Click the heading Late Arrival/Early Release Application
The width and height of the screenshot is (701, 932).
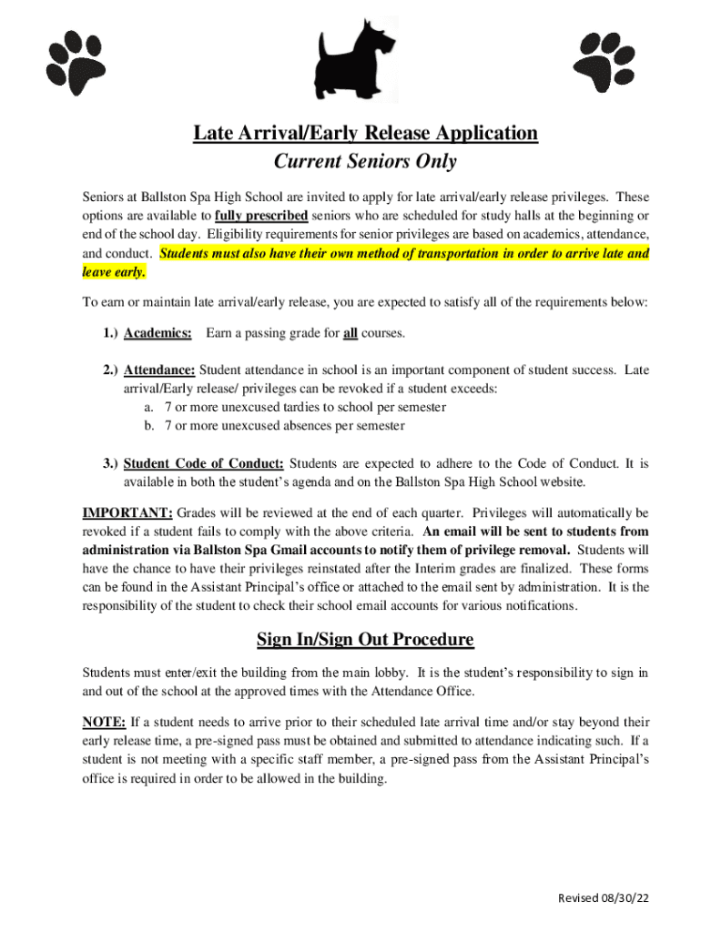tap(365, 134)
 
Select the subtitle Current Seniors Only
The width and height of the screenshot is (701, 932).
tap(365, 163)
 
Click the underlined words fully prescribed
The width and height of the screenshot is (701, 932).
tap(261, 216)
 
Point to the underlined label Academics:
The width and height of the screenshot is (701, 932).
tap(157, 334)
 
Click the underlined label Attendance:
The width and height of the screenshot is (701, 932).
tap(159, 370)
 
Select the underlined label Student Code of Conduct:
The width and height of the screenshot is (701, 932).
tap(204, 463)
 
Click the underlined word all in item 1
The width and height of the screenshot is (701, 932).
tap(350, 334)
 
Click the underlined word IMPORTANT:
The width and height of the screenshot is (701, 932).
tap(127, 512)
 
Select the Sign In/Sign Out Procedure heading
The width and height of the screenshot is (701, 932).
tap(365, 640)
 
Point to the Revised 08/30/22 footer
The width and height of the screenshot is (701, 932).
tap(604, 898)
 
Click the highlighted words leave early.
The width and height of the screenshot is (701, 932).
tap(114, 272)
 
